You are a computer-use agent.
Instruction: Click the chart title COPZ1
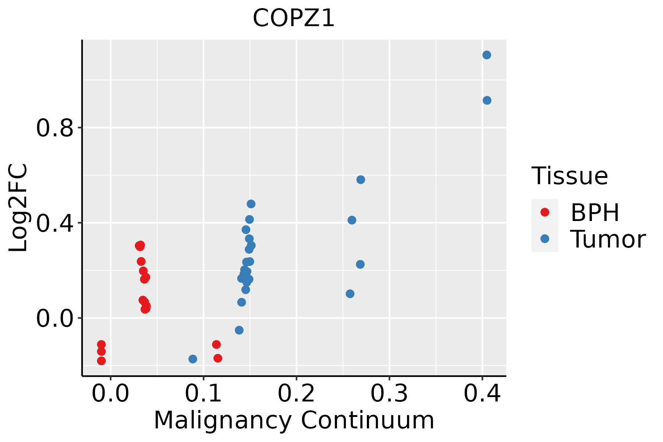click(x=294, y=18)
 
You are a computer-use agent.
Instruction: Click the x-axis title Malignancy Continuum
click(x=294, y=420)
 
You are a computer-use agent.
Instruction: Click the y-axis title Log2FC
click(x=18, y=208)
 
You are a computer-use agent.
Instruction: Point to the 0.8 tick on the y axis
click(x=55, y=128)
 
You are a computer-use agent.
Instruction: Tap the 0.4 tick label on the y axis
click(x=55, y=223)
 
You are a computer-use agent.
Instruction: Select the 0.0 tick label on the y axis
click(x=55, y=318)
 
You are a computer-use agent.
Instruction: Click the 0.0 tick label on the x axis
click(x=110, y=393)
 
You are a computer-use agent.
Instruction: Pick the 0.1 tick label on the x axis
click(x=203, y=393)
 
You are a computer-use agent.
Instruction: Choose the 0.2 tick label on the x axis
click(x=296, y=393)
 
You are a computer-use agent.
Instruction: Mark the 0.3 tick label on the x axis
click(x=389, y=393)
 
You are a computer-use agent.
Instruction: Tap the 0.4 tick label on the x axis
click(x=482, y=393)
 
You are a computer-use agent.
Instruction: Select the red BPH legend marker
click(x=544, y=212)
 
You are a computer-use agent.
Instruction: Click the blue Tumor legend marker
click(x=544, y=239)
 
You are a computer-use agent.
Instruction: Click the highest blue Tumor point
click(x=487, y=55)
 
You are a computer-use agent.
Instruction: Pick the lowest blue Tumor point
click(x=193, y=359)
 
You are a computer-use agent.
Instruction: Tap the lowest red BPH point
click(x=101, y=361)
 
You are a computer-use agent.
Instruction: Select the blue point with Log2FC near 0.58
click(x=361, y=179)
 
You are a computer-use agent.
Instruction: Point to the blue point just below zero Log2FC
click(x=239, y=330)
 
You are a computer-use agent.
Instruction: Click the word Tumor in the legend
click(x=608, y=239)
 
